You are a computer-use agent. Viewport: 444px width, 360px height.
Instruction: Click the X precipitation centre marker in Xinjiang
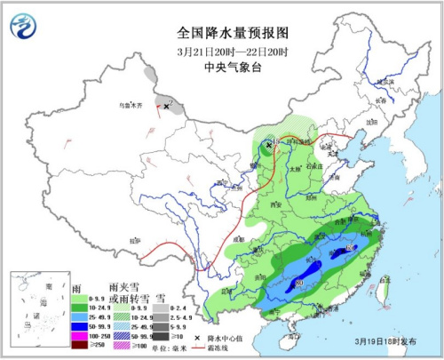click(x=166, y=106)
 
